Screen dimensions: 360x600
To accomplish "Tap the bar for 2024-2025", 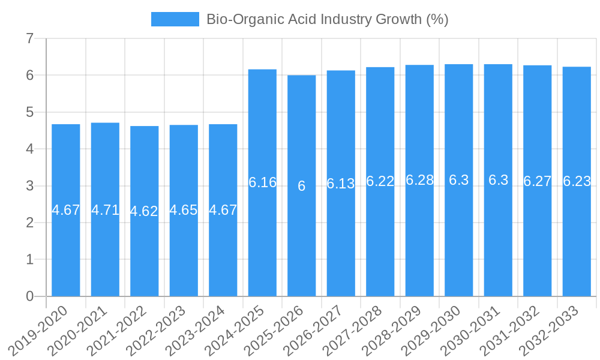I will [x=262, y=240].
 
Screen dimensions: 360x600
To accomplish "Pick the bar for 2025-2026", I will [x=302, y=240].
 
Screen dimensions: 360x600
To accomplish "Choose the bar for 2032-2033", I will [x=577, y=240].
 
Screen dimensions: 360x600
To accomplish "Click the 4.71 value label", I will [x=105, y=210].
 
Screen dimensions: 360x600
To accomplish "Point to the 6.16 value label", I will [x=262, y=182].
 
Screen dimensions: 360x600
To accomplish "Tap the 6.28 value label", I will [x=419, y=180].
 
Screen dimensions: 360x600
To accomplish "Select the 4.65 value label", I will [x=184, y=210].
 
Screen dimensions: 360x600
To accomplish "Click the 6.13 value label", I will [x=341, y=184].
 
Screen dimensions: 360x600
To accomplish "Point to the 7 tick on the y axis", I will [x=29, y=39].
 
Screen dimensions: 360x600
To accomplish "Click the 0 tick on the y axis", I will [x=29, y=296].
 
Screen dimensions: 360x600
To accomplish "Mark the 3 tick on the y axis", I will [x=29, y=186].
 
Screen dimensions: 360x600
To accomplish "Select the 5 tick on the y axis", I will [x=29, y=112].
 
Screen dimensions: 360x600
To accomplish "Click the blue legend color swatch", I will [x=175, y=19].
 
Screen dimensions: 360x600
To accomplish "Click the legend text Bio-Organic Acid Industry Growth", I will [x=327, y=19].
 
